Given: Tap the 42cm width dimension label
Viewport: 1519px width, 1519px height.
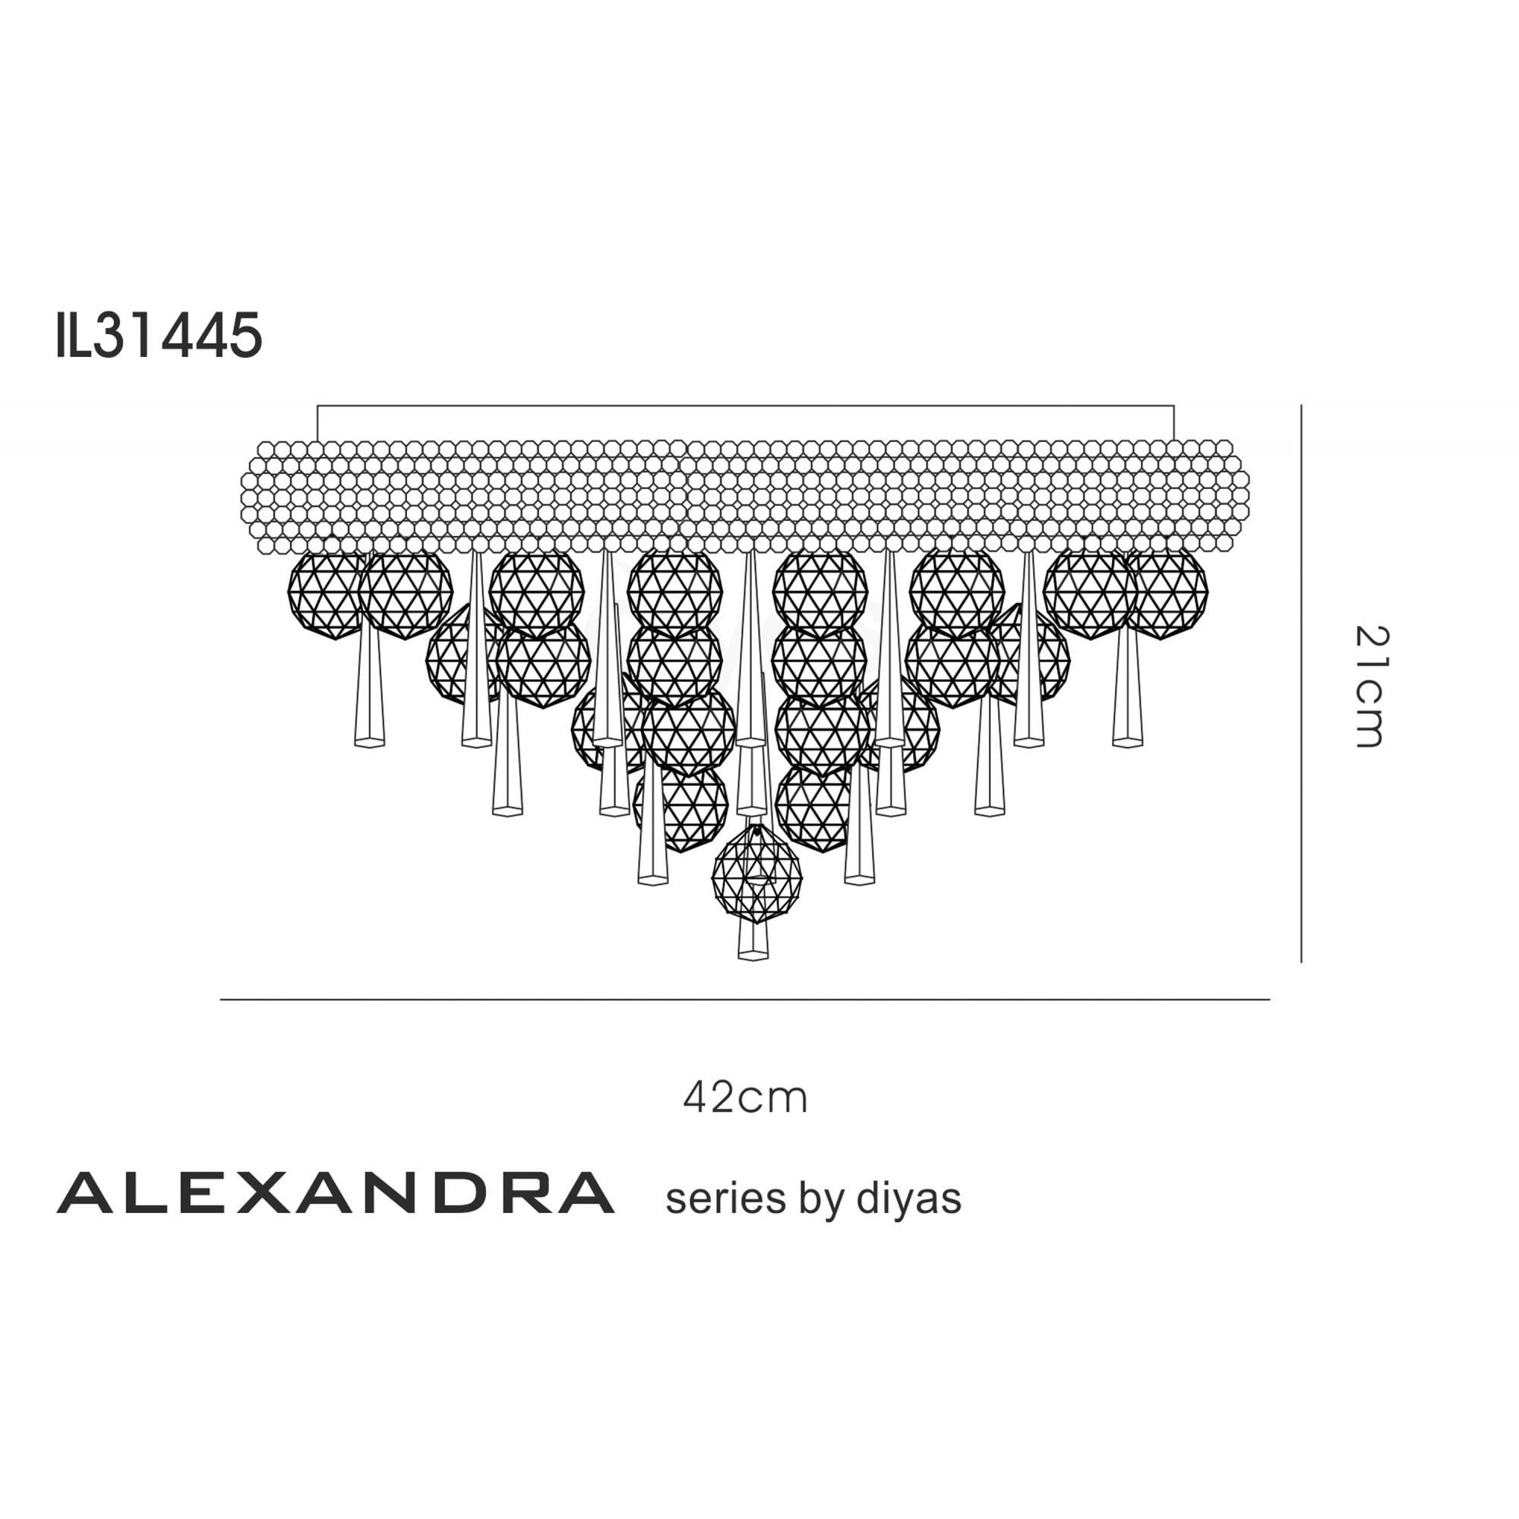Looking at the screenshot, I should pos(744,1097).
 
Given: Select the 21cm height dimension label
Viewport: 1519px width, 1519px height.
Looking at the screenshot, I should pos(1372,687).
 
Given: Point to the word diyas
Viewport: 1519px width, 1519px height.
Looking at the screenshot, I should pos(909,1199).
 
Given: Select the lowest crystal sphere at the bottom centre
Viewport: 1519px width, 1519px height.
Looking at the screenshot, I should pos(756,874).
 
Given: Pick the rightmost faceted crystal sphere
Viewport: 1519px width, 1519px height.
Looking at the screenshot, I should pos(1167,594).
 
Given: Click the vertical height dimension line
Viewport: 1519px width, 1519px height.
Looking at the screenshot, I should pos(1301,684).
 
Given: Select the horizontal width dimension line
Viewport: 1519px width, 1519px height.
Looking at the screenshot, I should pos(744,1000).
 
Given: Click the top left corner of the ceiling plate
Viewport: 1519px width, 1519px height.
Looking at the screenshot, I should pos(317,406).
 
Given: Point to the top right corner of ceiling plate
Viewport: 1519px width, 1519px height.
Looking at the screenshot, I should pos(1174,406).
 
